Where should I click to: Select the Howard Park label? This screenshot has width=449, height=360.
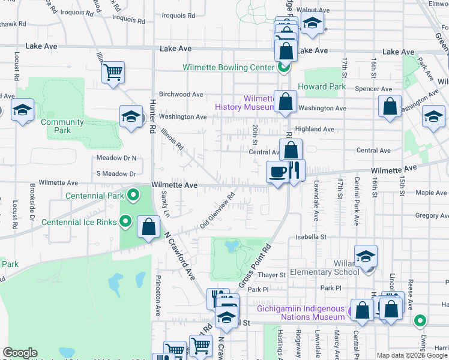(x=325, y=86)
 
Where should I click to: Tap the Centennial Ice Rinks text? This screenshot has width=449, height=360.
(x=79, y=222)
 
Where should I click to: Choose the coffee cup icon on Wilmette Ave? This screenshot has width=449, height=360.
(x=277, y=172)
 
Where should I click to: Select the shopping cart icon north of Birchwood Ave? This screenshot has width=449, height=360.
(x=113, y=73)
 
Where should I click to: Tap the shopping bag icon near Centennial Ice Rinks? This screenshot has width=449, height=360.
(x=148, y=227)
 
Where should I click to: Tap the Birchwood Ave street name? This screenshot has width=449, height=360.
(x=181, y=94)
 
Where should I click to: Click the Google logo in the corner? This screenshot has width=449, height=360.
(x=20, y=353)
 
